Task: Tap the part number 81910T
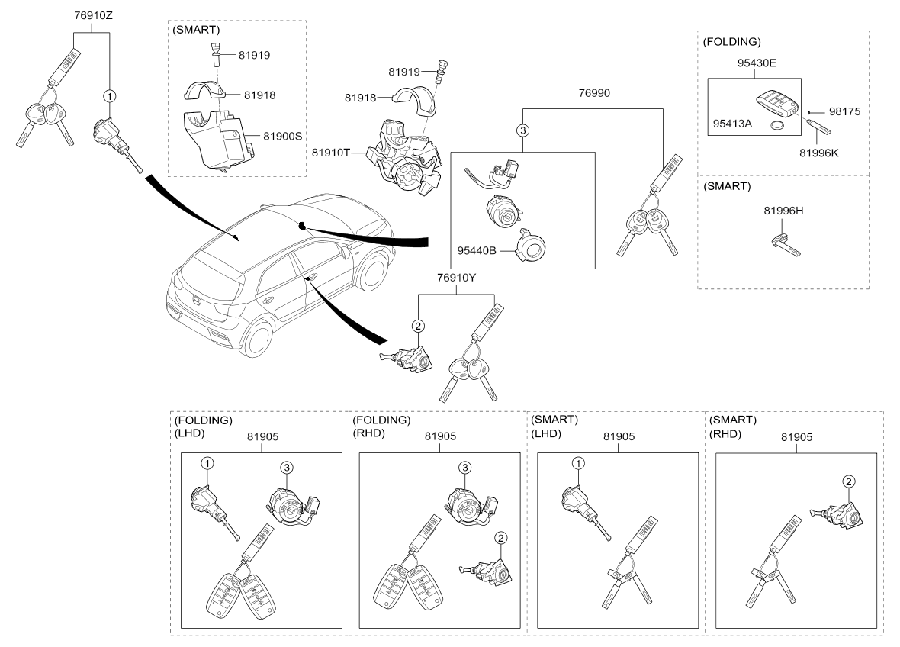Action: [x=329, y=152]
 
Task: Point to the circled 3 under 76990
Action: [x=522, y=130]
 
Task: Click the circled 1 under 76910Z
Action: [x=111, y=96]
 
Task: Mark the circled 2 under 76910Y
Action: [x=417, y=326]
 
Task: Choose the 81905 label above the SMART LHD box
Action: [x=619, y=436]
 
